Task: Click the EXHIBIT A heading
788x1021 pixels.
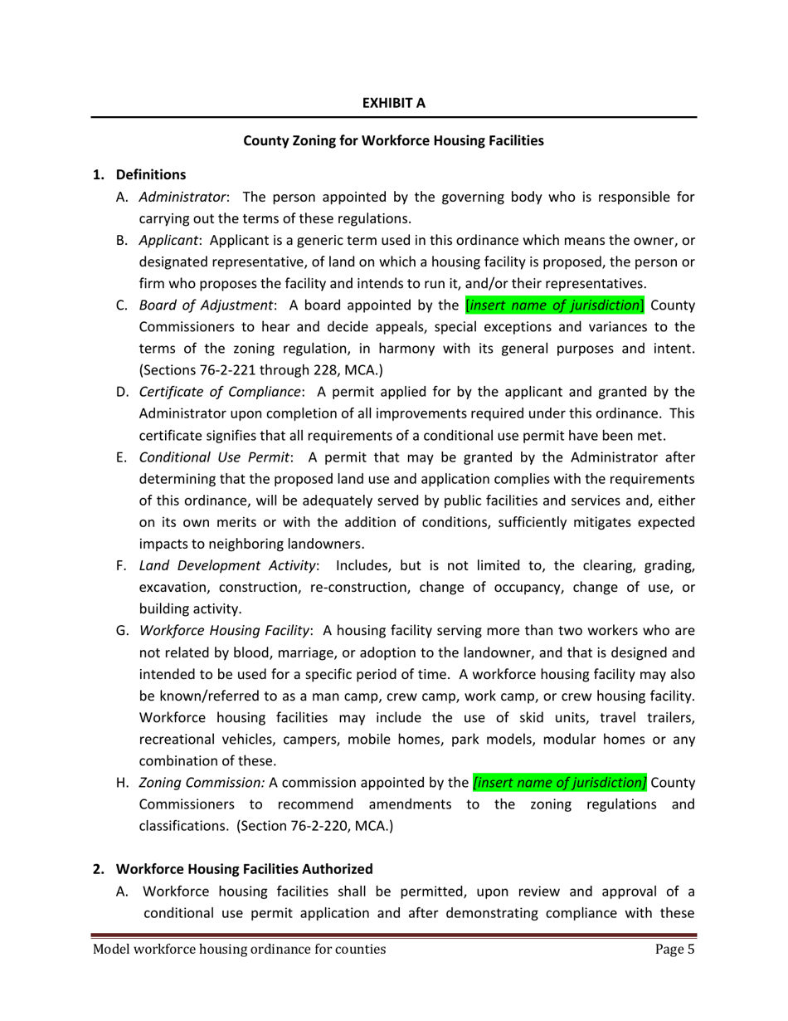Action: coord(393,103)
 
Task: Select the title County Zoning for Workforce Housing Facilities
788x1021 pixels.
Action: coord(393,141)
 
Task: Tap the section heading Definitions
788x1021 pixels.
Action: coord(150,174)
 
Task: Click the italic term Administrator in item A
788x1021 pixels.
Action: coord(182,198)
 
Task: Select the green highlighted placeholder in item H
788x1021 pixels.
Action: coord(560,783)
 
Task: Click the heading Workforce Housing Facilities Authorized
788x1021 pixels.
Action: coord(244,869)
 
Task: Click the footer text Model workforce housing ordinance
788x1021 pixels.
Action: coord(239,950)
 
